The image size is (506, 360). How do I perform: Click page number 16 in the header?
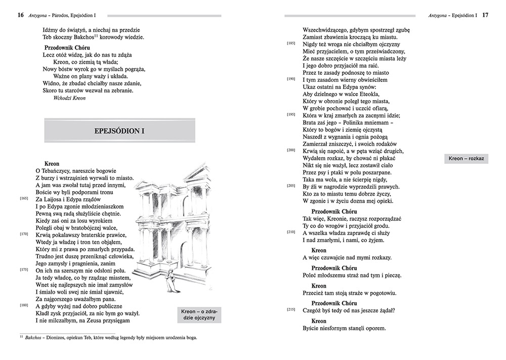[x=20, y=15]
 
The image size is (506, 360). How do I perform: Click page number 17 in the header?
[x=485, y=15]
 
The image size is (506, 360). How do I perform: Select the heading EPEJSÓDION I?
[x=119, y=130]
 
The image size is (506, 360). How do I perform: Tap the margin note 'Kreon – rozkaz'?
[x=467, y=159]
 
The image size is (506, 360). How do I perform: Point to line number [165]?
[x=24, y=199]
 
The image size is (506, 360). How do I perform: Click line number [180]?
[x=24, y=306]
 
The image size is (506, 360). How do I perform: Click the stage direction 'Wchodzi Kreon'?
[x=69, y=98]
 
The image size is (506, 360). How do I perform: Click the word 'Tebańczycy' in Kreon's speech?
[x=56, y=171]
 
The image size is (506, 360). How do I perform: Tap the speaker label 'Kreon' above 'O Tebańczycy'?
[x=52, y=164]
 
